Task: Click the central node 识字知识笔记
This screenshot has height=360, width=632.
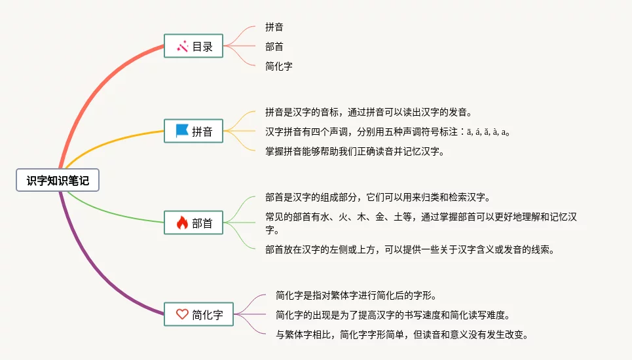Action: pos(58,181)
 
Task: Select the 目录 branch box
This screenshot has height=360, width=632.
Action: pos(193,46)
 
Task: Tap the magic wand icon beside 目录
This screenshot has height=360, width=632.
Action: pos(182,46)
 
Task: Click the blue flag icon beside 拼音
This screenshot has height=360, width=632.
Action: pos(182,131)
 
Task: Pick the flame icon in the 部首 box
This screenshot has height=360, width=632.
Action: pos(182,223)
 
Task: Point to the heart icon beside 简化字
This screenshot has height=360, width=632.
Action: pos(182,314)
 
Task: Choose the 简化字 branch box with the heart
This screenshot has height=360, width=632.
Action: pos(199,314)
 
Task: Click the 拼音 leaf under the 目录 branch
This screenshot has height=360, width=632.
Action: pos(274,27)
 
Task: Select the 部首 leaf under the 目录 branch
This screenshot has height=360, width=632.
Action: pos(274,46)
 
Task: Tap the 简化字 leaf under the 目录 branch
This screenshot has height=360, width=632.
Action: pos(279,66)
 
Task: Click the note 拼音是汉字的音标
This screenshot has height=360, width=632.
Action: pos(368,112)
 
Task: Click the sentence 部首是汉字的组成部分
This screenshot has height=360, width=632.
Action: pos(377,197)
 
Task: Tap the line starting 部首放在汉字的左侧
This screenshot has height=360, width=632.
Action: pos(410,249)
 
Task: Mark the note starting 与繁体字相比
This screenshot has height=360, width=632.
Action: pos(401,334)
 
